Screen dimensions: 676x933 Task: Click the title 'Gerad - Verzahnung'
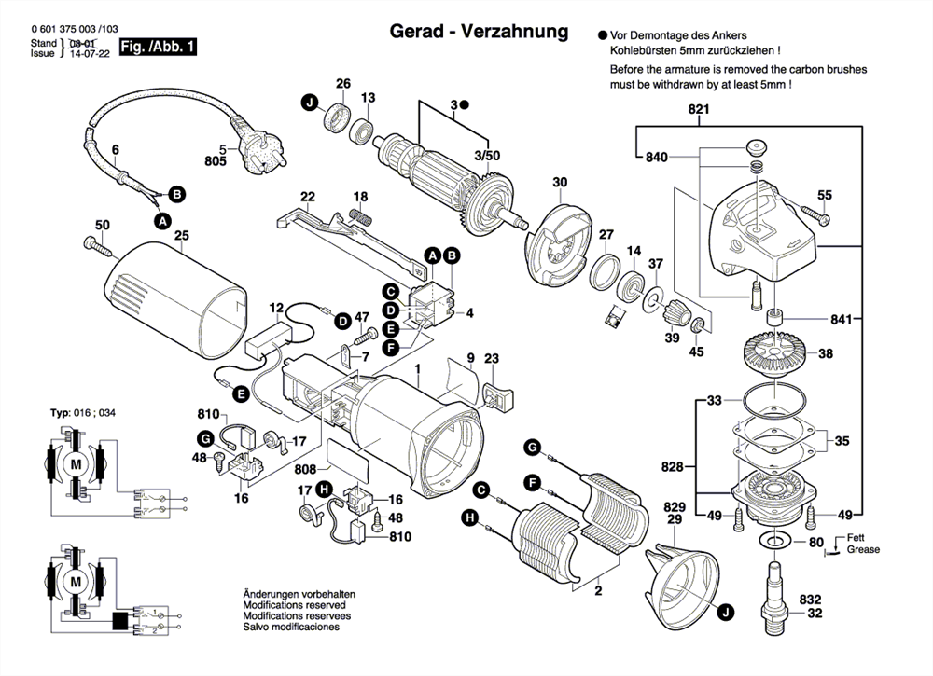[479, 32]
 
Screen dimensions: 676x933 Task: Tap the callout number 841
[842, 320]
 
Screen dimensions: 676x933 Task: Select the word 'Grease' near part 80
[863, 550]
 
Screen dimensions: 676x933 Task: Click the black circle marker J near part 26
[307, 103]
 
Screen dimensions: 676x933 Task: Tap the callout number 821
[699, 110]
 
